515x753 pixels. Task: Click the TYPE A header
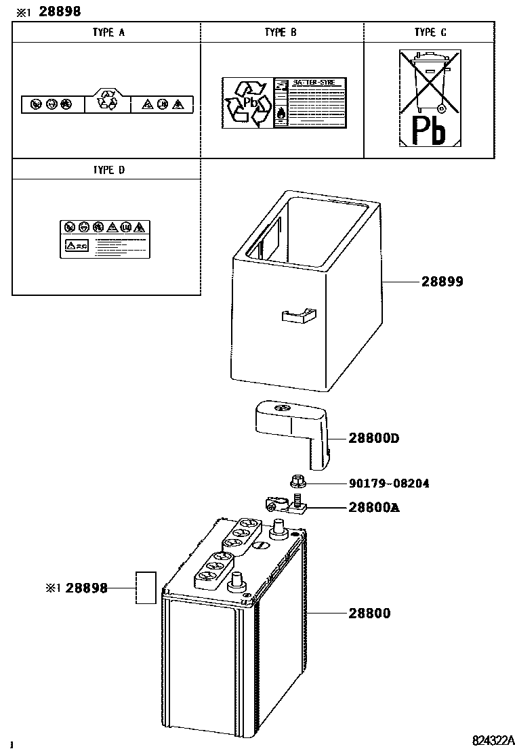pyautogui.click(x=108, y=33)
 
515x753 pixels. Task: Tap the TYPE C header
pyautogui.click(x=430, y=33)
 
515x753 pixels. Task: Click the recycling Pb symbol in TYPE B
pyautogui.click(x=247, y=103)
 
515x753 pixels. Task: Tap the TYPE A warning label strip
pyautogui.click(x=107, y=104)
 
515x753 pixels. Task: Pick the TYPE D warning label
pyautogui.click(x=103, y=238)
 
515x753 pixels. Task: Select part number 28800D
pyautogui.click(x=374, y=438)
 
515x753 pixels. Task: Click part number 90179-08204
pyautogui.click(x=389, y=483)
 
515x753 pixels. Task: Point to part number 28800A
pyautogui.click(x=373, y=507)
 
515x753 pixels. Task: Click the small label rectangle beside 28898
pyautogui.click(x=146, y=587)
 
